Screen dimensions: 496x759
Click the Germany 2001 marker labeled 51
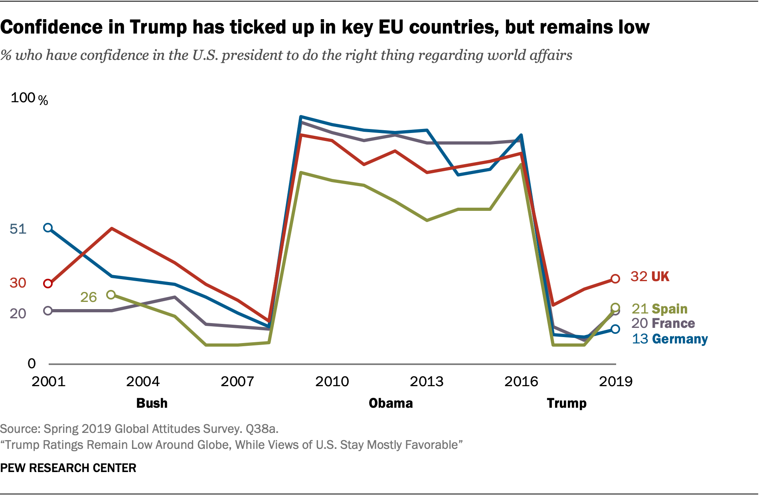(48, 228)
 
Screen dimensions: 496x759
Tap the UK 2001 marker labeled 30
(48, 284)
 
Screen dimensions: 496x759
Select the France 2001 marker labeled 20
(48, 311)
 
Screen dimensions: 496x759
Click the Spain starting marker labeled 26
(111, 295)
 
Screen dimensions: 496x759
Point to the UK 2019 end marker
(615, 279)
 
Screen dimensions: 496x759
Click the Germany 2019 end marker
(615, 329)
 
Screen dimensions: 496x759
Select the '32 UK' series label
(649, 276)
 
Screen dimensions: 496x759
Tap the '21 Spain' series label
(659, 309)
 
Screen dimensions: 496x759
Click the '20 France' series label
(663, 323)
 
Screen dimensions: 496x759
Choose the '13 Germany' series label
(670, 339)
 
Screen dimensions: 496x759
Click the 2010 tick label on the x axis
(332, 381)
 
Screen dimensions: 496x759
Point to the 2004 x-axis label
(143, 381)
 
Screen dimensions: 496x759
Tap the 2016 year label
(521, 381)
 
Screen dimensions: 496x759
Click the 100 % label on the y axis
(29, 98)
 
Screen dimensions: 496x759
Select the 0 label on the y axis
(32, 363)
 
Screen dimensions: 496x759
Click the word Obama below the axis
(391, 403)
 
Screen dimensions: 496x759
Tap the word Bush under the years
(152, 403)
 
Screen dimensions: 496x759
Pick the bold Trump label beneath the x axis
(566, 403)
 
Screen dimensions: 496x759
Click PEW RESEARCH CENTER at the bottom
(68, 468)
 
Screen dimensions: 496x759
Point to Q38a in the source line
(262, 429)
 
